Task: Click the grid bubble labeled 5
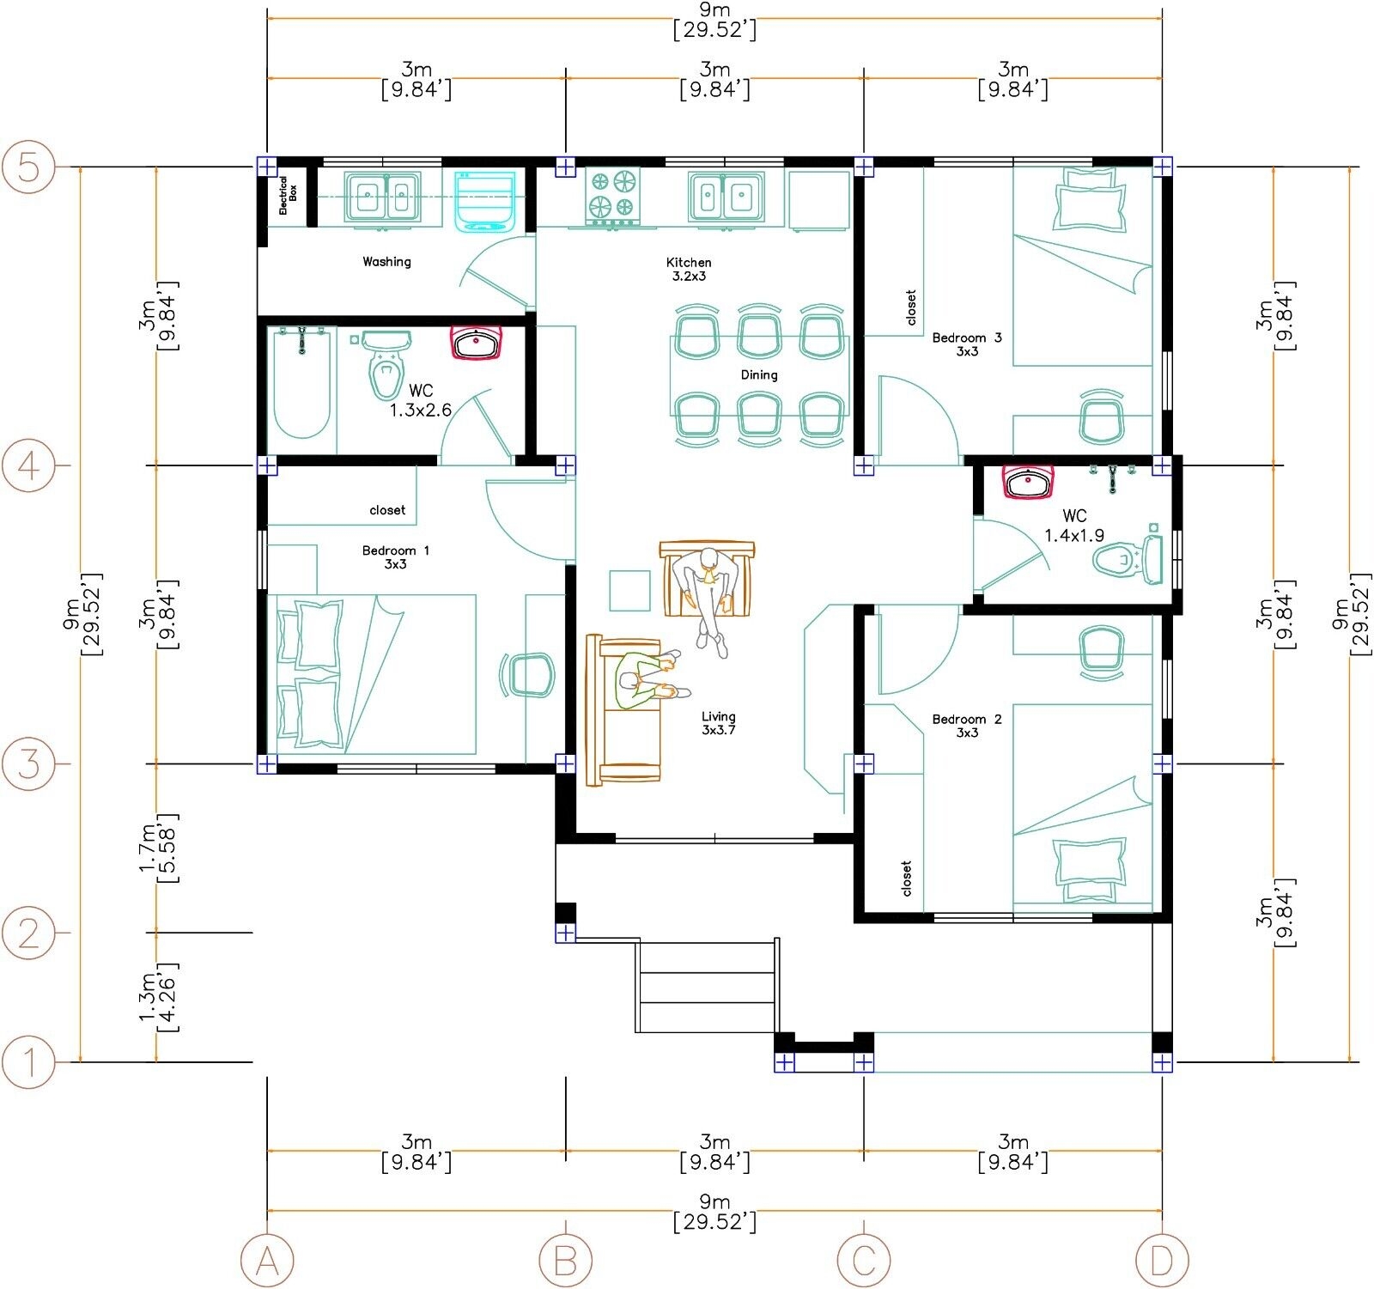coord(29,167)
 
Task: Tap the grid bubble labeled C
coord(863,1260)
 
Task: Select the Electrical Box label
coord(287,195)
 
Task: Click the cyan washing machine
coord(485,200)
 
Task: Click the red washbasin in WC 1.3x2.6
coord(476,344)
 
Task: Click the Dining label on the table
coord(758,375)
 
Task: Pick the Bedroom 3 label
coord(967,344)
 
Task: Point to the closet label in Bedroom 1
coord(387,510)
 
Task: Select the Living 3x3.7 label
coord(718,722)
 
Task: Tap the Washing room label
coord(386,262)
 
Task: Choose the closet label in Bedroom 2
coord(907,878)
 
